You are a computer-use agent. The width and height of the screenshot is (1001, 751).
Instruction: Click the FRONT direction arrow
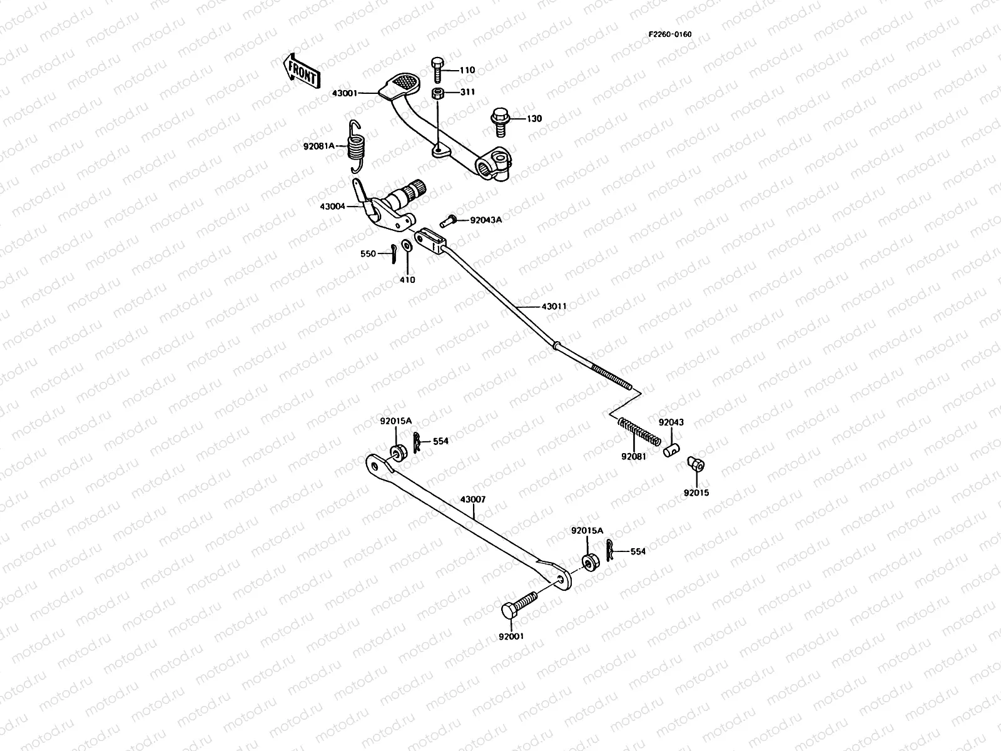click(x=302, y=70)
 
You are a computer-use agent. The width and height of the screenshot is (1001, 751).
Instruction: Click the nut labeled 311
click(x=438, y=94)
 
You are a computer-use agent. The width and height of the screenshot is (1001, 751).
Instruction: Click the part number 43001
click(x=345, y=93)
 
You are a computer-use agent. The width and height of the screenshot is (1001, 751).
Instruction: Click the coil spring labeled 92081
click(x=639, y=432)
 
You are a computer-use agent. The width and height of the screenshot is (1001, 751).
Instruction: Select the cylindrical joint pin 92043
click(x=672, y=448)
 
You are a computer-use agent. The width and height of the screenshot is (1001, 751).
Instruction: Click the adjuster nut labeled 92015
click(x=695, y=464)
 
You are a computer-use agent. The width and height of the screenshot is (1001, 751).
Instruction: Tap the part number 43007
click(x=472, y=500)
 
